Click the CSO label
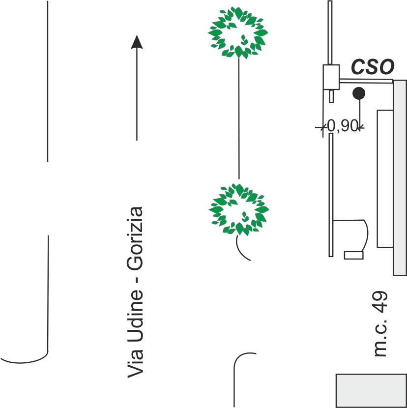(372, 67)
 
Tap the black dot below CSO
(359, 92)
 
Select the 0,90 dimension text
(341, 126)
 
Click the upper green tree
(238, 32)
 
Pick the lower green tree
(238, 209)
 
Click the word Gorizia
(135, 239)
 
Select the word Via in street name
(135, 366)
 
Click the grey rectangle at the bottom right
(371, 390)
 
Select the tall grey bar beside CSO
(400, 177)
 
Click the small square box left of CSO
(331, 77)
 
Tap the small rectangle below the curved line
(353, 255)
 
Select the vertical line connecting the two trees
(239, 118)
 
